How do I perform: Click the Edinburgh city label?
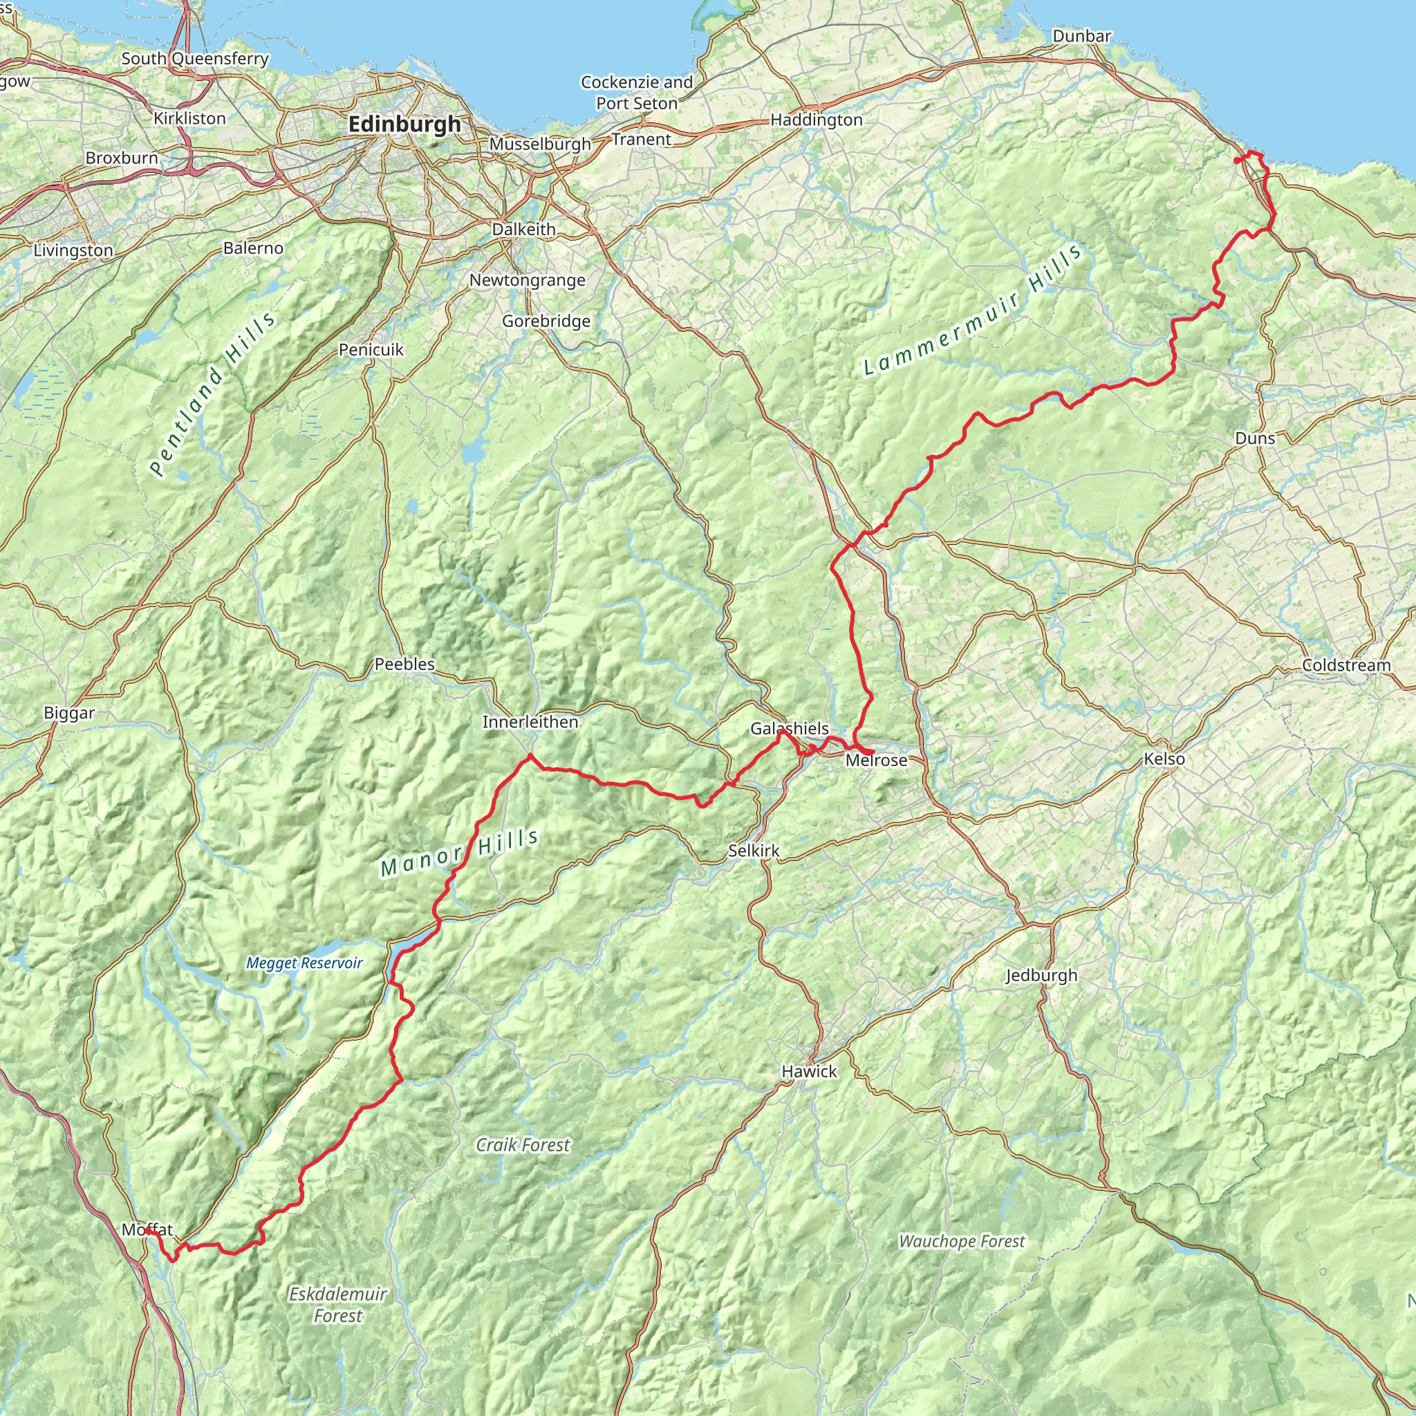pos(404,124)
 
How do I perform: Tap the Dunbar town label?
pos(1081,36)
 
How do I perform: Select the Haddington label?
pos(817,120)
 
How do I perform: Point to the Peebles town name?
pos(404,664)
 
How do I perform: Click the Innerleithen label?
pos(530,722)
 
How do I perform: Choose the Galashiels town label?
pos(790,729)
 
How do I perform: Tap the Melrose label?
pos(877,760)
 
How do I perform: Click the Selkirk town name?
pos(754,851)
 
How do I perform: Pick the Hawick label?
pos(809,1072)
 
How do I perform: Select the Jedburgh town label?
pos(1041,976)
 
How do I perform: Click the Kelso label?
pos(1164,758)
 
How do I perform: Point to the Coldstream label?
pos(1346,666)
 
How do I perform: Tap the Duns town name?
pos(1255,438)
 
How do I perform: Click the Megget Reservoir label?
pos(304,963)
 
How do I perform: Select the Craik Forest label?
pos(523,1145)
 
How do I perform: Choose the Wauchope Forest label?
pos(962,1242)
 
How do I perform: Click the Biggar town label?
pos(69,713)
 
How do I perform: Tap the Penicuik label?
pos(371,350)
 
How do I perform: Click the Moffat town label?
pos(147,1230)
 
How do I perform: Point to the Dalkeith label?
pos(523,230)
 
